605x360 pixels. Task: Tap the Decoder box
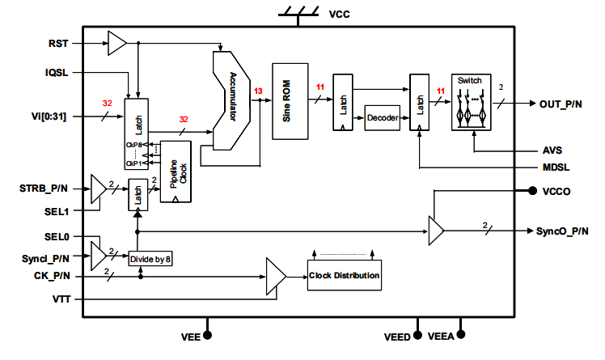(x=383, y=118)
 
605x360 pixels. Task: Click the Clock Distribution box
(x=344, y=276)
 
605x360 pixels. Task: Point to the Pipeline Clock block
(x=176, y=172)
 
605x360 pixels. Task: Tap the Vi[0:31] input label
(x=49, y=117)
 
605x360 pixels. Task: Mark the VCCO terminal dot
(x=532, y=192)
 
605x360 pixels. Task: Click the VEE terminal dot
(x=208, y=334)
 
